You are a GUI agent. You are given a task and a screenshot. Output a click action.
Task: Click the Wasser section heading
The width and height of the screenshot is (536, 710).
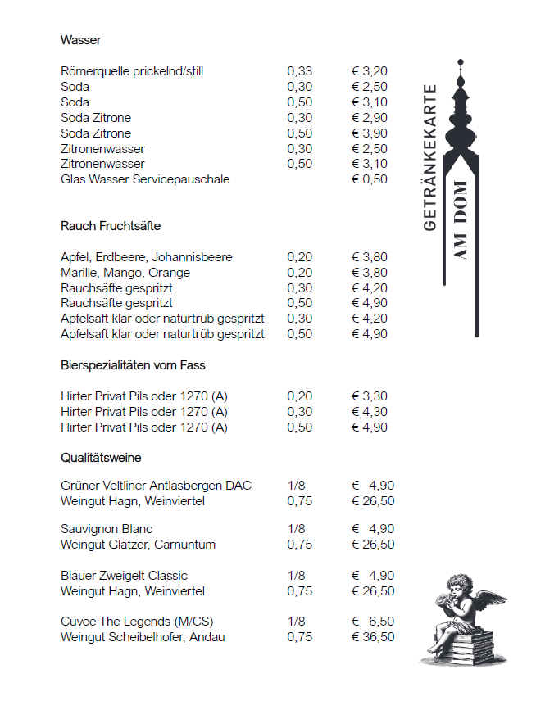click(x=80, y=40)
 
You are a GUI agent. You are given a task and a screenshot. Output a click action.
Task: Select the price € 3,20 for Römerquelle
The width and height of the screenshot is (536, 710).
click(x=369, y=71)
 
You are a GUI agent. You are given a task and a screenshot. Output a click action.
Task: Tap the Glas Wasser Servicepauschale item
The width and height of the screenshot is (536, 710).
click(x=145, y=179)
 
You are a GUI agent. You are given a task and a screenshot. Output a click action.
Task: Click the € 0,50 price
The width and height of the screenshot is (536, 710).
click(x=369, y=179)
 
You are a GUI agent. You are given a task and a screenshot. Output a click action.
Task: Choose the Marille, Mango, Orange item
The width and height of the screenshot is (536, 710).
click(x=125, y=273)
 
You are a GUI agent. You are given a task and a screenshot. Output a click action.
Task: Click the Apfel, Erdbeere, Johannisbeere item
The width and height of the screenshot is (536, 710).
click(x=146, y=257)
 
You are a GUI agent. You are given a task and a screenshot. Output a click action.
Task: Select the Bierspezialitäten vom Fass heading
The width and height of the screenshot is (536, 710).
click(x=133, y=365)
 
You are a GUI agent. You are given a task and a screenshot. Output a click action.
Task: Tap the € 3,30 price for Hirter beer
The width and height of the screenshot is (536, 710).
click(x=369, y=396)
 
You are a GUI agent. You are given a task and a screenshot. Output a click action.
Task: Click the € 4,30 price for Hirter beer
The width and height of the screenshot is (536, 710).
click(x=369, y=412)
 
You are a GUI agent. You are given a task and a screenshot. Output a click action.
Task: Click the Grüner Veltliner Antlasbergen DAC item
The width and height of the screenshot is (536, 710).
click(x=156, y=486)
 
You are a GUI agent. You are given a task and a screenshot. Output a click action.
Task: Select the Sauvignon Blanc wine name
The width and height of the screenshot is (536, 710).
click(x=107, y=529)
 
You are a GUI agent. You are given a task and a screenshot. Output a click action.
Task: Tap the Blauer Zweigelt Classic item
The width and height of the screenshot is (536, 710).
click(x=124, y=576)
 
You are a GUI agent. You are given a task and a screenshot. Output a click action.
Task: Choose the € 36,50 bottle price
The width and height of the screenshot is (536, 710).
click(x=373, y=637)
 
